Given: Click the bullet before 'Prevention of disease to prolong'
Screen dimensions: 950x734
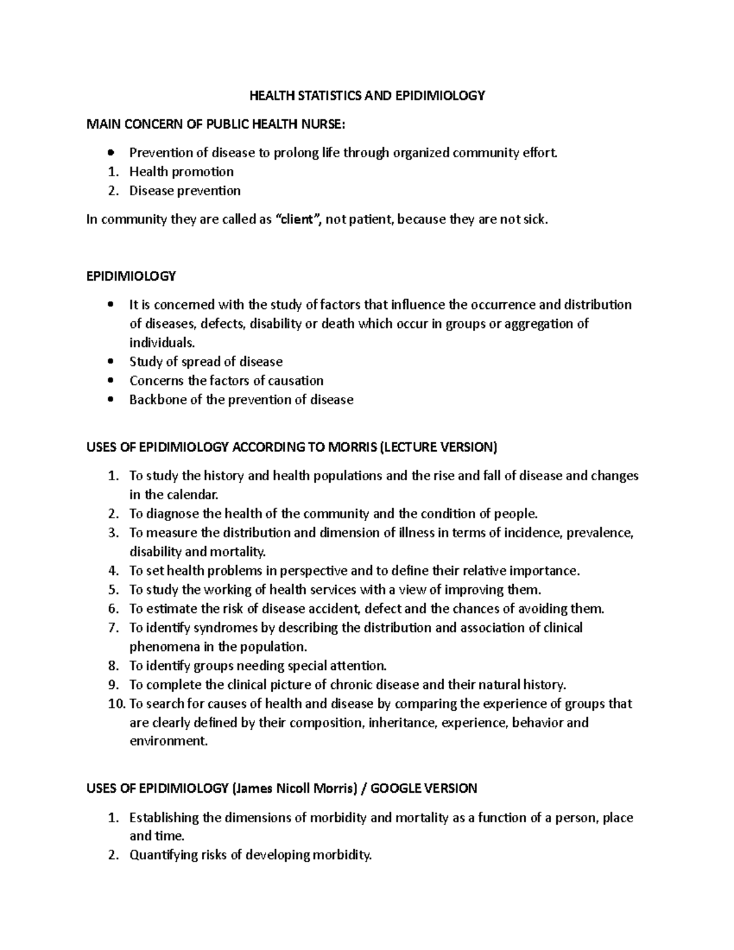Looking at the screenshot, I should [x=110, y=153].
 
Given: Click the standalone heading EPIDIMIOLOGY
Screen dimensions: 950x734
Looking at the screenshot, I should [x=131, y=276].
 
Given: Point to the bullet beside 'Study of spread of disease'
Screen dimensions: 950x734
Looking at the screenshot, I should [x=110, y=362].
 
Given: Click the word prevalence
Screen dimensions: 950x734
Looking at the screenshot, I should [x=601, y=533].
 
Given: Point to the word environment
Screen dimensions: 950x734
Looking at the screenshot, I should [x=169, y=741].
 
